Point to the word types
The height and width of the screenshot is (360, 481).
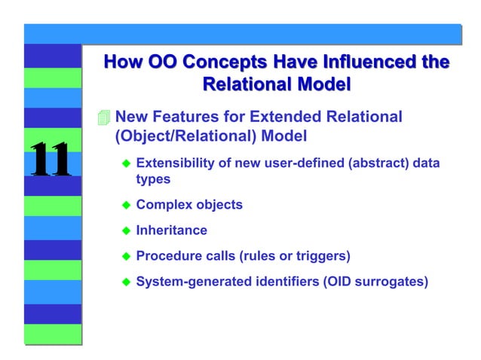point(153,179)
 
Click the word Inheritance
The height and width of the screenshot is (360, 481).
point(171,230)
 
